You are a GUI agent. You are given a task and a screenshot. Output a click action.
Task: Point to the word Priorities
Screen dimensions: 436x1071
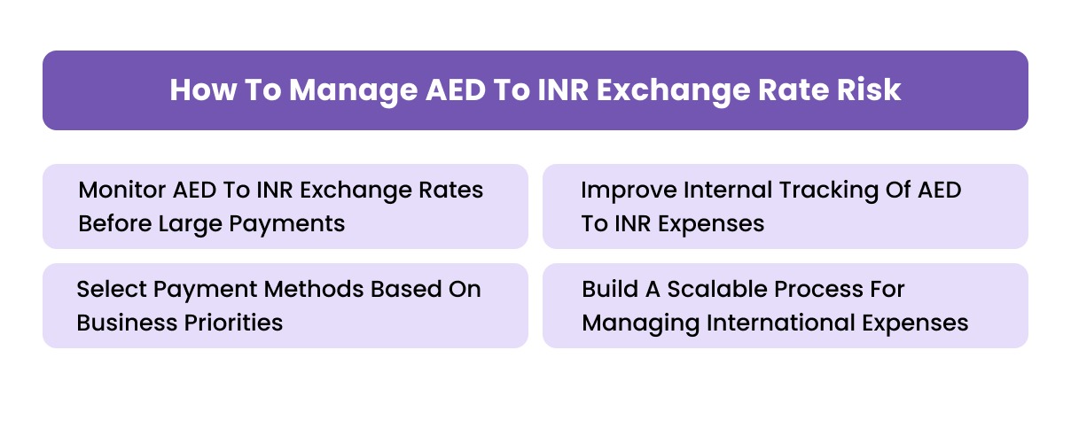(231, 323)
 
